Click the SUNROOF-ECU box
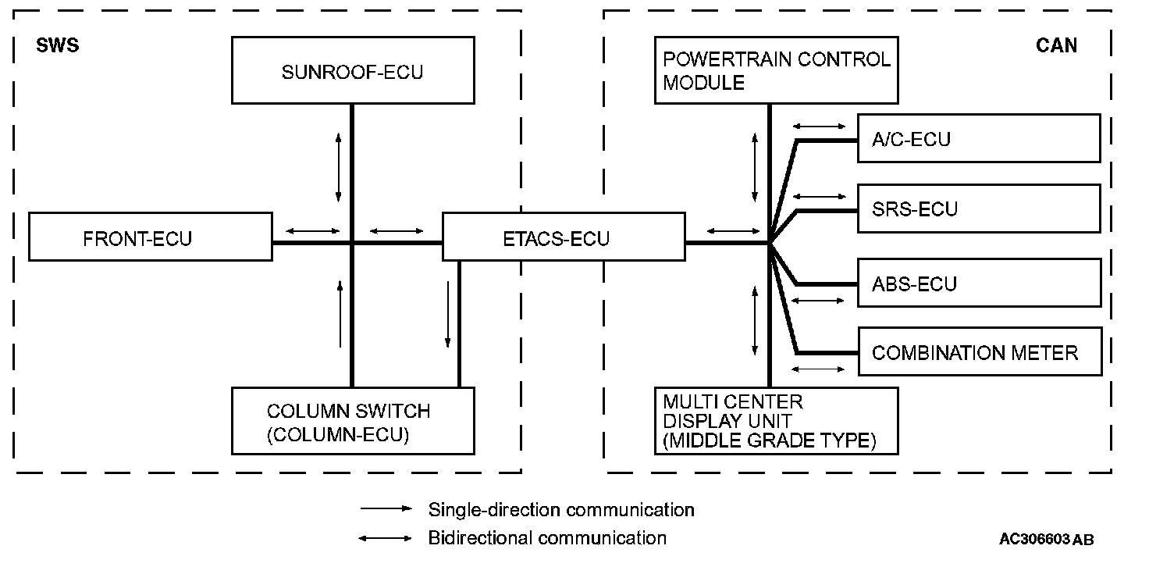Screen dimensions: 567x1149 point(353,72)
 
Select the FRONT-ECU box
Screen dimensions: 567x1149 point(151,237)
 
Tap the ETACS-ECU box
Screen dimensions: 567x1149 point(563,237)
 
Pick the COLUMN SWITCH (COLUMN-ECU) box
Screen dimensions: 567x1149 point(353,421)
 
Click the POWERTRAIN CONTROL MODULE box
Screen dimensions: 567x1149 point(776,70)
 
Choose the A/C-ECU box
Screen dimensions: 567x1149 point(979,139)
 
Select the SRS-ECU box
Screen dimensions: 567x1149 point(979,209)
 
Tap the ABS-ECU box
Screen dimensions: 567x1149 point(979,283)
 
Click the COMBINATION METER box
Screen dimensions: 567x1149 point(979,352)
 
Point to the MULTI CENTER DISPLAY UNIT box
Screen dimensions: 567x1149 point(776,421)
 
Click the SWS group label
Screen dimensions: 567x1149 point(58,45)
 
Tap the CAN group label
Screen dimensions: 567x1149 point(1056,45)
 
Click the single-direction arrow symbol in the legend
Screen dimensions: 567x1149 point(386,508)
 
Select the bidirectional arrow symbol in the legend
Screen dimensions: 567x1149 point(386,537)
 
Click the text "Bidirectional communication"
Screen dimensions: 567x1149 point(547,537)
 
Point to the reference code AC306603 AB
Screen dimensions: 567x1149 point(1046,540)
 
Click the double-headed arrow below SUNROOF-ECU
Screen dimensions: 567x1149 point(338,167)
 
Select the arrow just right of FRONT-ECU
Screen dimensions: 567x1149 point(313,230)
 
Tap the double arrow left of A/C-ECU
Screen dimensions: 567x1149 point(819,125)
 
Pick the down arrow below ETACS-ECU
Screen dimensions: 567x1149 point(448,314)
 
